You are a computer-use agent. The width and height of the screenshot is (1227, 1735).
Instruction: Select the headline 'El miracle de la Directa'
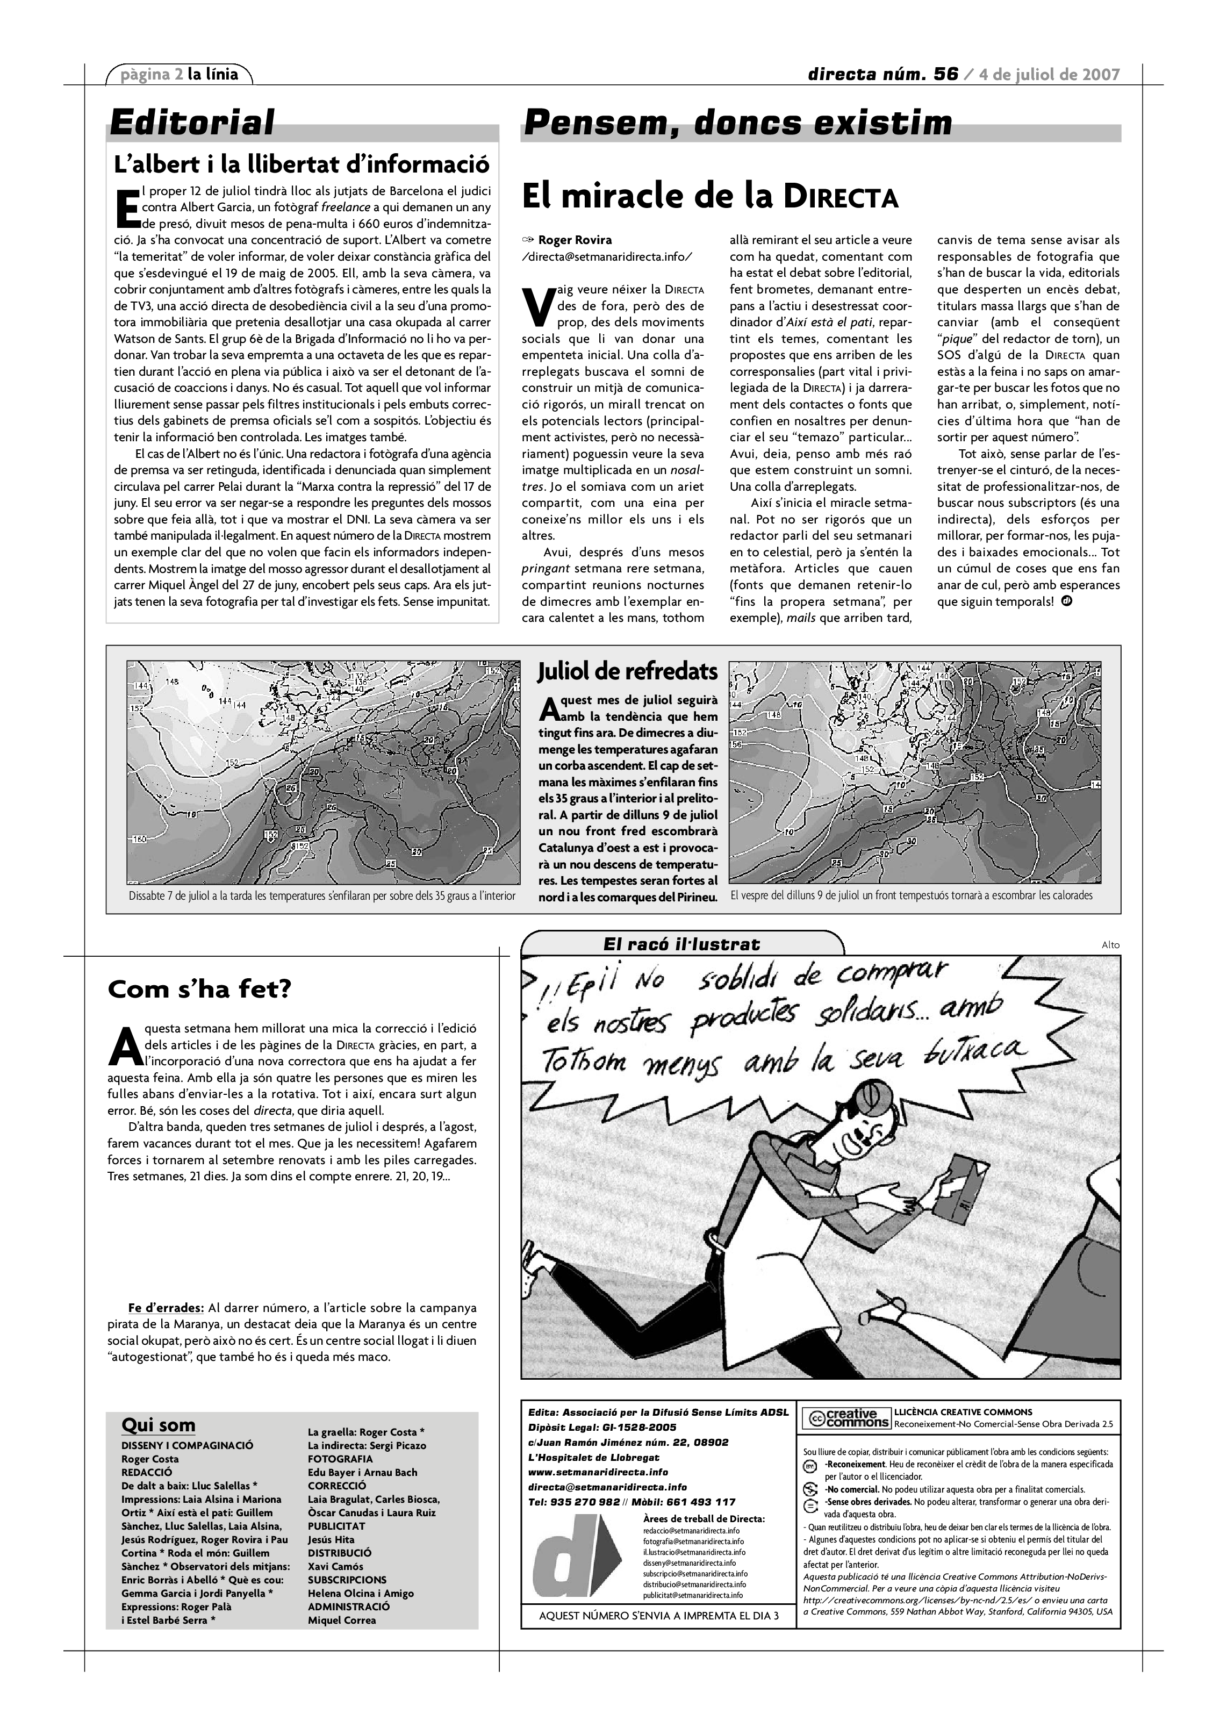tap(709, 197)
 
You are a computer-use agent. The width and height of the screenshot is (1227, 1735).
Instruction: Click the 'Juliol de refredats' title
tap(627, 671)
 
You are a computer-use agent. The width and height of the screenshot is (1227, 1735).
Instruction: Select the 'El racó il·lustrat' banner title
tap(681, 944)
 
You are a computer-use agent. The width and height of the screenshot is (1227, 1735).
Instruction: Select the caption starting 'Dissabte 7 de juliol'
tap(322, 895)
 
